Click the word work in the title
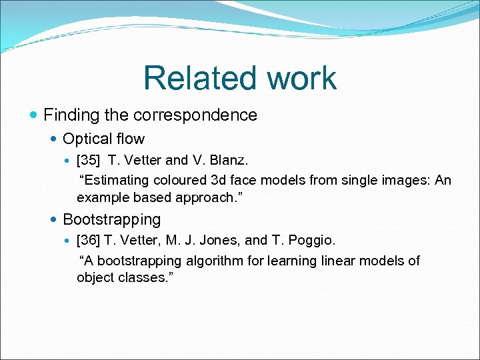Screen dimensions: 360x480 pos(302,78)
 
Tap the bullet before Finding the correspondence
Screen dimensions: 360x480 pos(34,115)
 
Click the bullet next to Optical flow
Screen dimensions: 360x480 pos(54,139)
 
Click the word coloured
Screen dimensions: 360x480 pos(179,180)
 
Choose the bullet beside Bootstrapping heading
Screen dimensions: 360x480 pos(54,219)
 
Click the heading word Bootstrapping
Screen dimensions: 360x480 pos(111,219)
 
